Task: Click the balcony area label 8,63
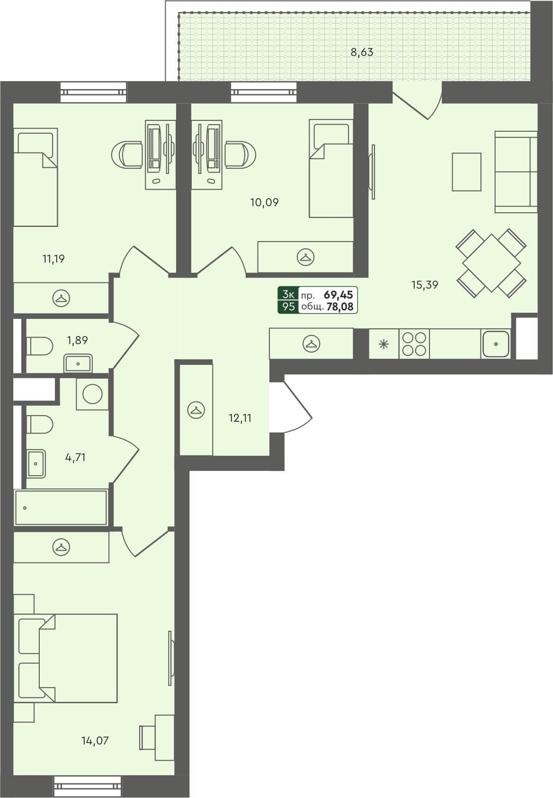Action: [x=362, y=52]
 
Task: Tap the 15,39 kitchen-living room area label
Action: [x=425, y=285]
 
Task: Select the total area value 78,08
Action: [x=339, y=307]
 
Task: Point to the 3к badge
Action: [x=288, y=294]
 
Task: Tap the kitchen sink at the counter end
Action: [x=496, y=344]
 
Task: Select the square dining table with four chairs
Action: [x=491, y=263]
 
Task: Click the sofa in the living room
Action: [x=516, y=172]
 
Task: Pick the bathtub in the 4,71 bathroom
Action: [x=61, y=508]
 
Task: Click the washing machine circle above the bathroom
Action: [x=92, y=394]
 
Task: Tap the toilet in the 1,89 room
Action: [x=39, y=346]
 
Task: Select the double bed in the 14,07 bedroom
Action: [x=66, y=658]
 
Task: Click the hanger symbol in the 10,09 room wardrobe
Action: [x=306, y=257]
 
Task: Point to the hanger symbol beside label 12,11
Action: [x=196, y=410]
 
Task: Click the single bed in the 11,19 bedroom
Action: [x=36, y=177]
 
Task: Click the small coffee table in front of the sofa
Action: [x=466, y=172]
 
